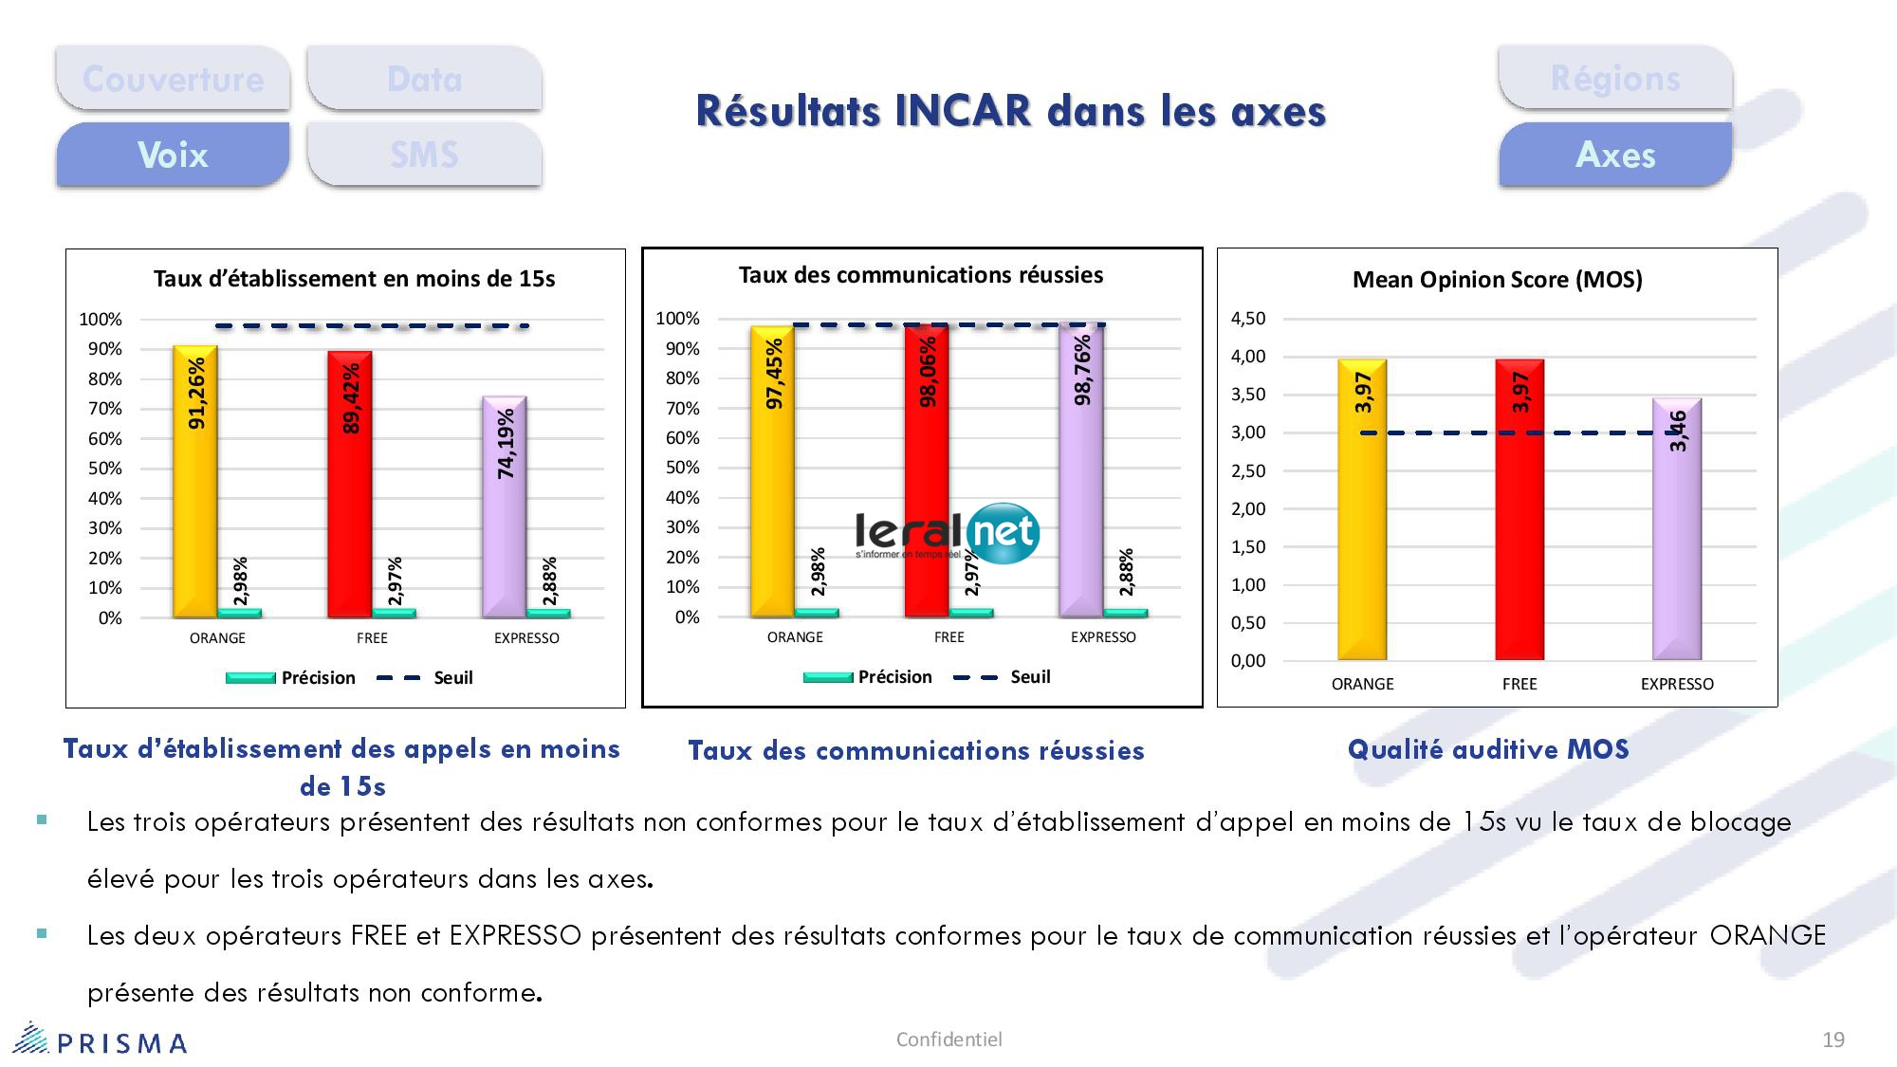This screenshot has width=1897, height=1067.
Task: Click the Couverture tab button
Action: (173, 79)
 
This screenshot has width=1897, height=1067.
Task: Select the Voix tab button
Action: (173, 155)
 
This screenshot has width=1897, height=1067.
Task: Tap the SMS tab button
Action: (424, 155)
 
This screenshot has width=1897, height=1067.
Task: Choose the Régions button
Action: (1615, 79)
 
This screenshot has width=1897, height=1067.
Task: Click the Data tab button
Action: (424, 79)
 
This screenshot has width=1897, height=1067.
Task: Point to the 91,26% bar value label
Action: (196, 394)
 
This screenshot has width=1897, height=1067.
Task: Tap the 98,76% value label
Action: (1082, 371)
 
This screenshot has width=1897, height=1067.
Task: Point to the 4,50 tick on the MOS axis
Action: (1248, 319)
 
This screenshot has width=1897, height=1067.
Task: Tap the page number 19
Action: (1833, 1040)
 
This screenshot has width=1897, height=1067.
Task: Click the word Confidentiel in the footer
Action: (948, 1039)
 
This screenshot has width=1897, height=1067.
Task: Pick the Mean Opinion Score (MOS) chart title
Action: (1497, 280)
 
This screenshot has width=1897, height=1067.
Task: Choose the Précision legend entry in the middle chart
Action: (868, 677)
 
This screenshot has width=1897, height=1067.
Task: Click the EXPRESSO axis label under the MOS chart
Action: (1677, 684)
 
